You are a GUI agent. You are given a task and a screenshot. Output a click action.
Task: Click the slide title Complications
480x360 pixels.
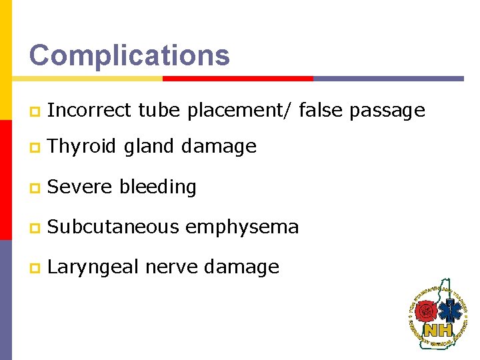point(129,55)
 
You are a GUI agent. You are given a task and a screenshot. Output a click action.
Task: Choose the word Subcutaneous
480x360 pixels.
point(113,227)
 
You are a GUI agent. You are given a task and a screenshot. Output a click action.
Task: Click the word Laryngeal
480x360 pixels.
point(93,267)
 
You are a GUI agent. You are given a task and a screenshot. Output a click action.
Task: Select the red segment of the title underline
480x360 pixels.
point(237,78)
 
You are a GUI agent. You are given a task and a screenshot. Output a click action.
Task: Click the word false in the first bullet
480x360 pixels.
point(321,111)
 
